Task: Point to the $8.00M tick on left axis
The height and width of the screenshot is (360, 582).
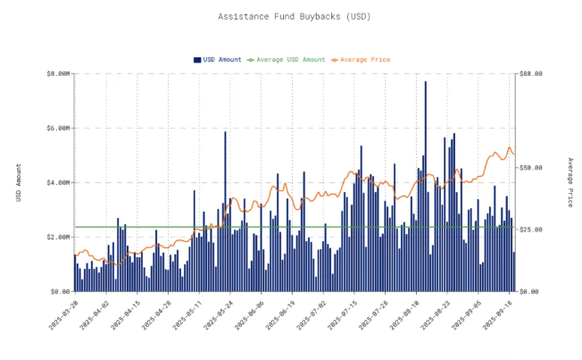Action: click(x=57, y=74)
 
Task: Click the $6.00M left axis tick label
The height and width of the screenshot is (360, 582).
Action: click(x=57, y=129)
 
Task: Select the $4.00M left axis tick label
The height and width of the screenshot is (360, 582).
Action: click(x=57, y=183)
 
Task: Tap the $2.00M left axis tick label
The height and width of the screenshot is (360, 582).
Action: click(x=57, y=238)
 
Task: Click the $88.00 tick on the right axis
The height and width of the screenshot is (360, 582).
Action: click(x=531, y=74)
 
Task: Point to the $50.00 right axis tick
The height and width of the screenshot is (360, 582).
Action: click(x=531, y=168)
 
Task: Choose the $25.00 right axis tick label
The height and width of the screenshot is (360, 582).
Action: click(x=531, y=230)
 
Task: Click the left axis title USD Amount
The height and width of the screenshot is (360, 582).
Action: click(x=19, y=182)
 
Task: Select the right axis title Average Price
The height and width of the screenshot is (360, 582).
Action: click(x=570, y=182)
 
